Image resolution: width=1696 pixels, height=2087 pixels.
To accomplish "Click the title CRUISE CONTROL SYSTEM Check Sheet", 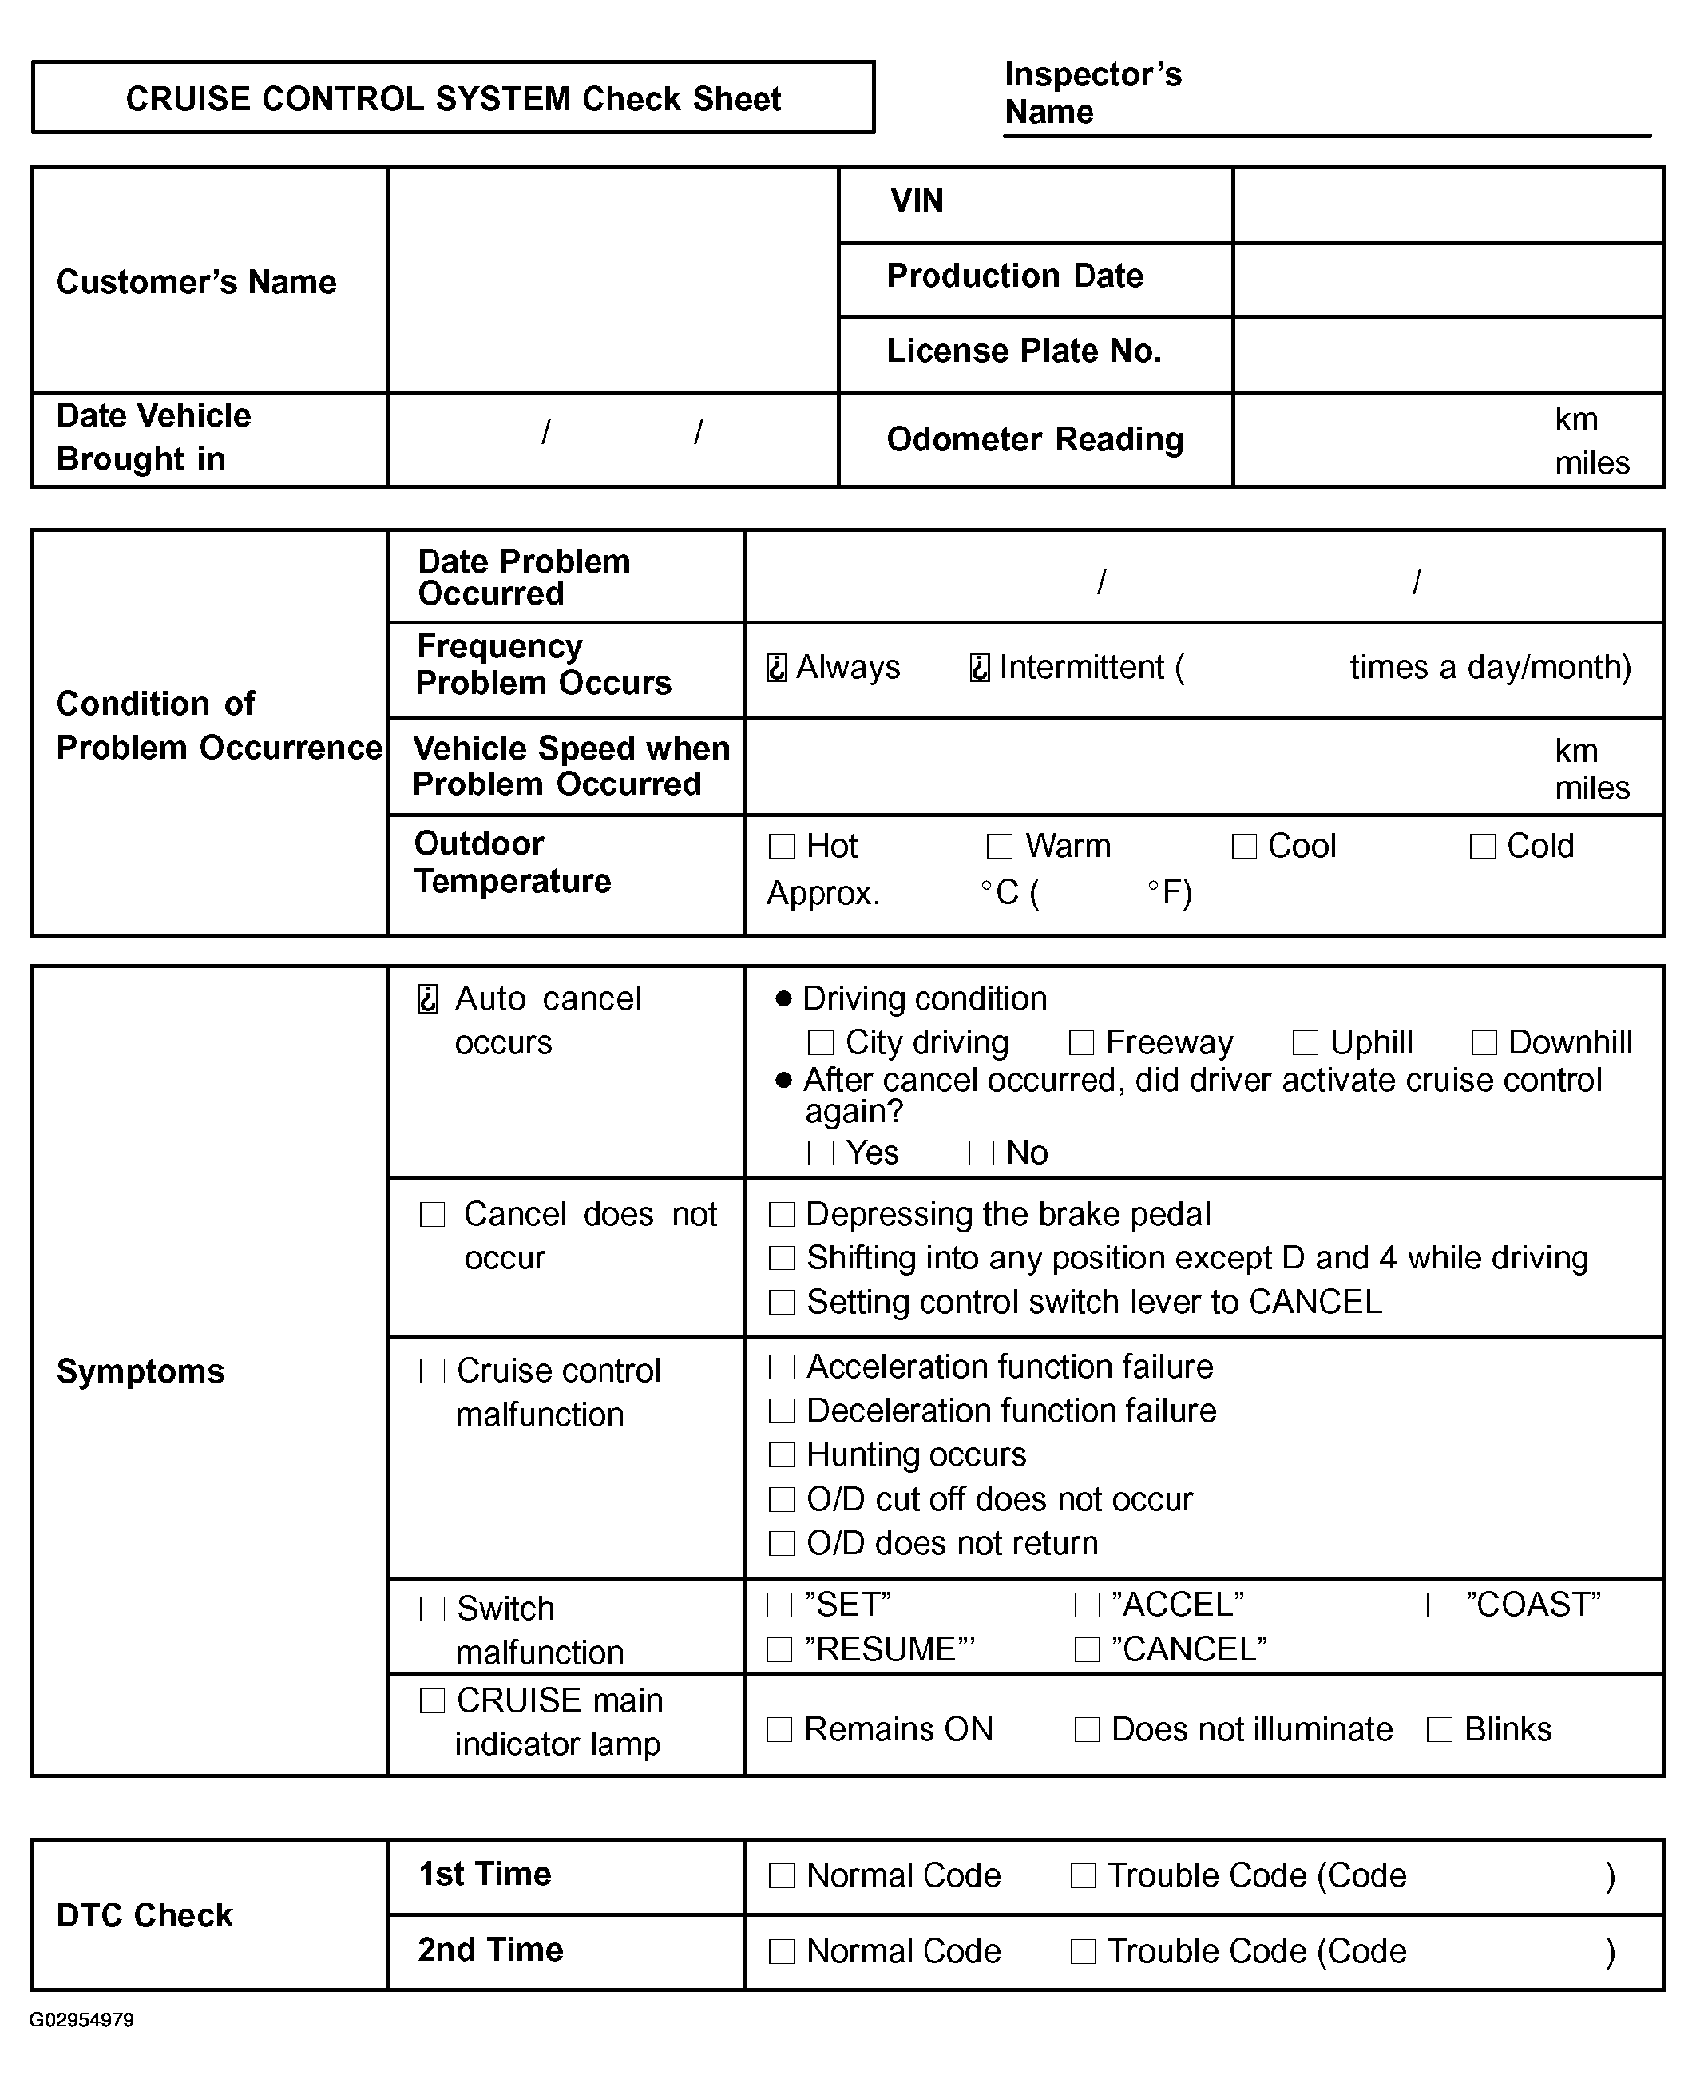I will coord(454,99).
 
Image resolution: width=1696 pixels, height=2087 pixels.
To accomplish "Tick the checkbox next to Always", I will coord(777,668).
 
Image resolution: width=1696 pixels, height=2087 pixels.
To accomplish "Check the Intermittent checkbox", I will coord(979,668).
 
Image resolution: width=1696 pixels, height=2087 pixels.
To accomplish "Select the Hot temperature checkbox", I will coord(782,846).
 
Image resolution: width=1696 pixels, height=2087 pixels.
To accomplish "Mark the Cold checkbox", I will coord(1482,846).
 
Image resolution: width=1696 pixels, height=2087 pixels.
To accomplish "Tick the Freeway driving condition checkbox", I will coord(1081,1042).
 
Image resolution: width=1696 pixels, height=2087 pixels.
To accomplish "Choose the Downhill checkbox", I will coord(1484,1042).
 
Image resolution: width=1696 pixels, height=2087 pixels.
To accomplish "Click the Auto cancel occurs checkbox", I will coord(428,998).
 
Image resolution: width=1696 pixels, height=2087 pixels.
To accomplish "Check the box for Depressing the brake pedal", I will coord(782,1215).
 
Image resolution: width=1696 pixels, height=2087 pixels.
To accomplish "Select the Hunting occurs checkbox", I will coord(782,1455).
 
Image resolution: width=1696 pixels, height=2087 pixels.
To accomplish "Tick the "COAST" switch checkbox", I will coord(1439,1605).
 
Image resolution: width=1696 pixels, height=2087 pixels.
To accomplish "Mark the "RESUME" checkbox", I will coord(779,1649).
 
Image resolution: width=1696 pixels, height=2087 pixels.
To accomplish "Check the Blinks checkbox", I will coord(1439,1729).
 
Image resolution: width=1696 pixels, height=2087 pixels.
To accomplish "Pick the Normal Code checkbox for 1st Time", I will coord(782,1876).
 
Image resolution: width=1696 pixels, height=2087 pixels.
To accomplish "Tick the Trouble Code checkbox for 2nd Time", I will coord(1083,1951).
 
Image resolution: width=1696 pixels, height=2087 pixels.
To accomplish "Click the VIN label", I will coord(917,201).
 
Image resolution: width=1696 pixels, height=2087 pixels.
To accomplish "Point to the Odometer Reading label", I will coord(1035,439).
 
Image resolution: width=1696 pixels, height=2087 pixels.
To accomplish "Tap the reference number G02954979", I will coord(81,2020).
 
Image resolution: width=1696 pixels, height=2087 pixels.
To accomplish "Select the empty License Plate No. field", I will coord(1448,355).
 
